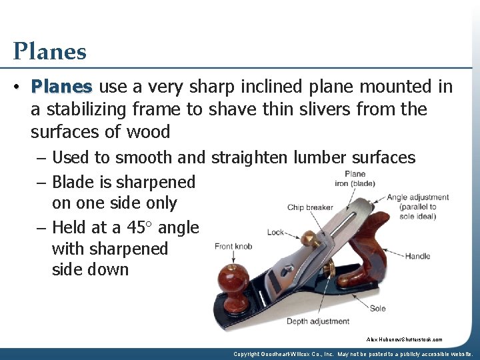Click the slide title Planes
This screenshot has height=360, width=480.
click(x=49, y=51)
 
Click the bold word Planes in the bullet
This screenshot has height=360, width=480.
click(x=61, y=87)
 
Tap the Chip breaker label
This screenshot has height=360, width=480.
click(x=310, y=207)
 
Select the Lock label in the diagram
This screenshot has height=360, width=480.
click(x=275, y=233)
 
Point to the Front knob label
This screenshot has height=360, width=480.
click(x=233, y=247)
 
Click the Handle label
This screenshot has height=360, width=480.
click(x=417, y=256)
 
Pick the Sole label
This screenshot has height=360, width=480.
click(x=378, y=309)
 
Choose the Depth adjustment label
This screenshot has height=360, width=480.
click(x=318, y=321)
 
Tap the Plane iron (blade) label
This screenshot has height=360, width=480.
click(x=351, y=179)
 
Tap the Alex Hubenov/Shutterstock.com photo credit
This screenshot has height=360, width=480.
click(x=404, y=339)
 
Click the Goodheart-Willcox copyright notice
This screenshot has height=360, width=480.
click(x=354, y=354)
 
